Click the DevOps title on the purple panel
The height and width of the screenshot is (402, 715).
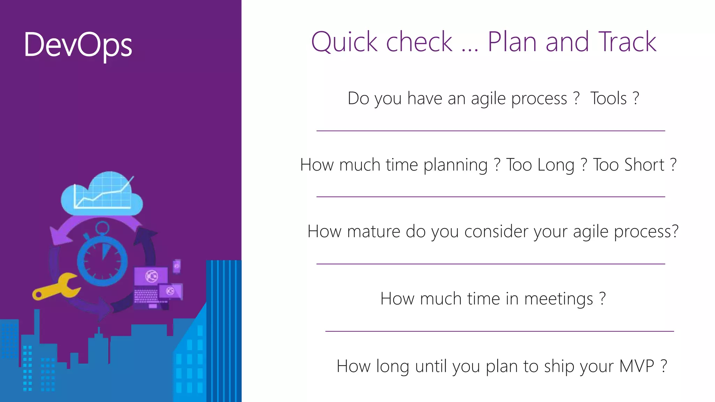(78, 45)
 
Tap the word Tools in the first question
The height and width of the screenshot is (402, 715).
(609, 98)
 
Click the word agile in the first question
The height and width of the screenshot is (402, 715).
(488, 99)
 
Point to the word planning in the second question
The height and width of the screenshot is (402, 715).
(455, 165)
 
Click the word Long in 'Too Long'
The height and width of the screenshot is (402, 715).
(557, 165)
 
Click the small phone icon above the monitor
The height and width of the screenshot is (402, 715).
(177, 266)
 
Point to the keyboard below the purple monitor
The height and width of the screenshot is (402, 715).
(146, 296)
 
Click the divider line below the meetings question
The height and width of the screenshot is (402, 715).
(499, 331)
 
